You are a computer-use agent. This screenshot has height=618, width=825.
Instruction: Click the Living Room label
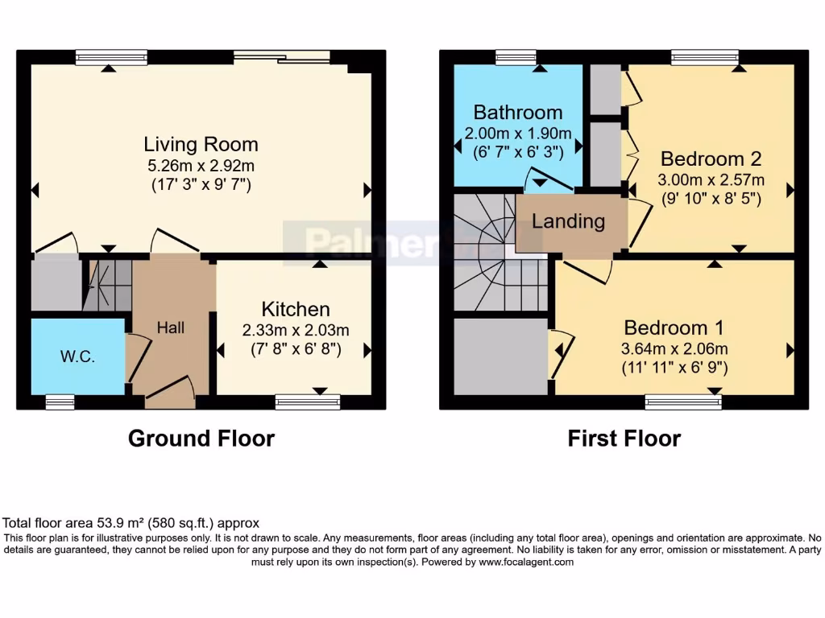(201, 145)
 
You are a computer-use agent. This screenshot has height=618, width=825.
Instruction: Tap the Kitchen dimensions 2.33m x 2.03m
(296, 330)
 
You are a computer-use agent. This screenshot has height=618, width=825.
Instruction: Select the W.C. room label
(78, 356)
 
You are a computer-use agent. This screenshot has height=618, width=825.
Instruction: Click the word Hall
(171, 328)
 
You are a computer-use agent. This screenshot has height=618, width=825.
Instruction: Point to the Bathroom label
(518, 113)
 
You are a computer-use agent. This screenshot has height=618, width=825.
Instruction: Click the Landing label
(568, 221)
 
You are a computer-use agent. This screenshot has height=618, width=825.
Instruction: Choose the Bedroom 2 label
(711, 159)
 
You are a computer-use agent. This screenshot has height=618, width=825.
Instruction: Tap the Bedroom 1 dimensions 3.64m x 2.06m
(674, 348)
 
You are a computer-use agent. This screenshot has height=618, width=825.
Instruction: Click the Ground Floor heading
(201, 439)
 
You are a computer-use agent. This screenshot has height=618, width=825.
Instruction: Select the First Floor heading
(624, 439)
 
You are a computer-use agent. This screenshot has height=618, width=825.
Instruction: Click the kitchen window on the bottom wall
(308, 402)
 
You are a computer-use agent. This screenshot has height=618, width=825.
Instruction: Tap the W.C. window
(60, 402)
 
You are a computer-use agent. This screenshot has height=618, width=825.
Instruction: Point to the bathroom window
(516, 57)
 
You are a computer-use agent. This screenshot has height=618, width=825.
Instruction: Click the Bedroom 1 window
(683, 402)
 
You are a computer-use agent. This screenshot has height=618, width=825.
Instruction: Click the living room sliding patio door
(282, 57)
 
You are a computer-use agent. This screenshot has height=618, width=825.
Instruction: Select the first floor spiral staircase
(500, 252)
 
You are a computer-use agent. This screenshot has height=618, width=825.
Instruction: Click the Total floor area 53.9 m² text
(131, 523)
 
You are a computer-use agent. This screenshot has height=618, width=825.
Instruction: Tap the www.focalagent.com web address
(525, 562)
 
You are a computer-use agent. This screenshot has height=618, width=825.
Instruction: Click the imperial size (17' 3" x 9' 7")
(201, 185)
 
